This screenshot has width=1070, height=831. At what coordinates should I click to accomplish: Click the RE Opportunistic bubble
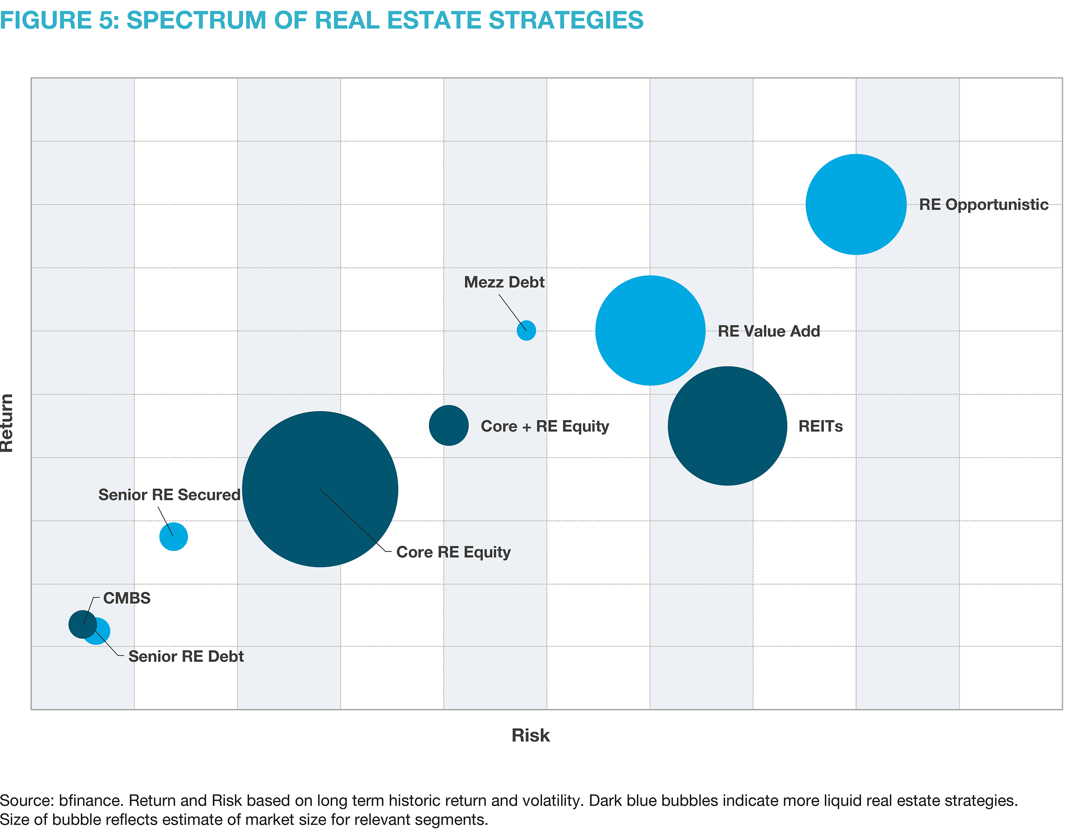856,204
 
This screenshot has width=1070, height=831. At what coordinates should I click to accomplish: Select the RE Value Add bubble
650,331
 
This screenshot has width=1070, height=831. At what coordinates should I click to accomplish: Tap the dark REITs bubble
727,426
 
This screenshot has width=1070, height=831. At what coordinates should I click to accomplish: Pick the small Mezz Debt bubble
526,331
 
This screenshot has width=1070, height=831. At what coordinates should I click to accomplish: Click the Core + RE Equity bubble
448,425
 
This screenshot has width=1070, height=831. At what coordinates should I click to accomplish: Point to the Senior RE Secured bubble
173,537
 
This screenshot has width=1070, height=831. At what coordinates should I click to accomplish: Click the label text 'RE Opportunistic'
983,205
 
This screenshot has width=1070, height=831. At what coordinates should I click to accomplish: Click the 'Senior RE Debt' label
186,656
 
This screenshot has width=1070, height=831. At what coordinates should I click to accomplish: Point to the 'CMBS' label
126,598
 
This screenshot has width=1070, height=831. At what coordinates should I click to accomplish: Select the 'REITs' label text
820,426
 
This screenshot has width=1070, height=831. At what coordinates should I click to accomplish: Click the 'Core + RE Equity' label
545,426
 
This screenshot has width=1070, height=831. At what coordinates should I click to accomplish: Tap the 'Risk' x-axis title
531,735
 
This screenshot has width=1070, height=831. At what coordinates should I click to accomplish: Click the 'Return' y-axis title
7,423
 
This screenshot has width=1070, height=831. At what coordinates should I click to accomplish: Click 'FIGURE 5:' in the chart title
60,20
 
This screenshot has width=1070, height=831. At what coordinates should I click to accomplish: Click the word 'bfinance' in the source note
91,800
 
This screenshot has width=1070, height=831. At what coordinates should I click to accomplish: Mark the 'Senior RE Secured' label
169,494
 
